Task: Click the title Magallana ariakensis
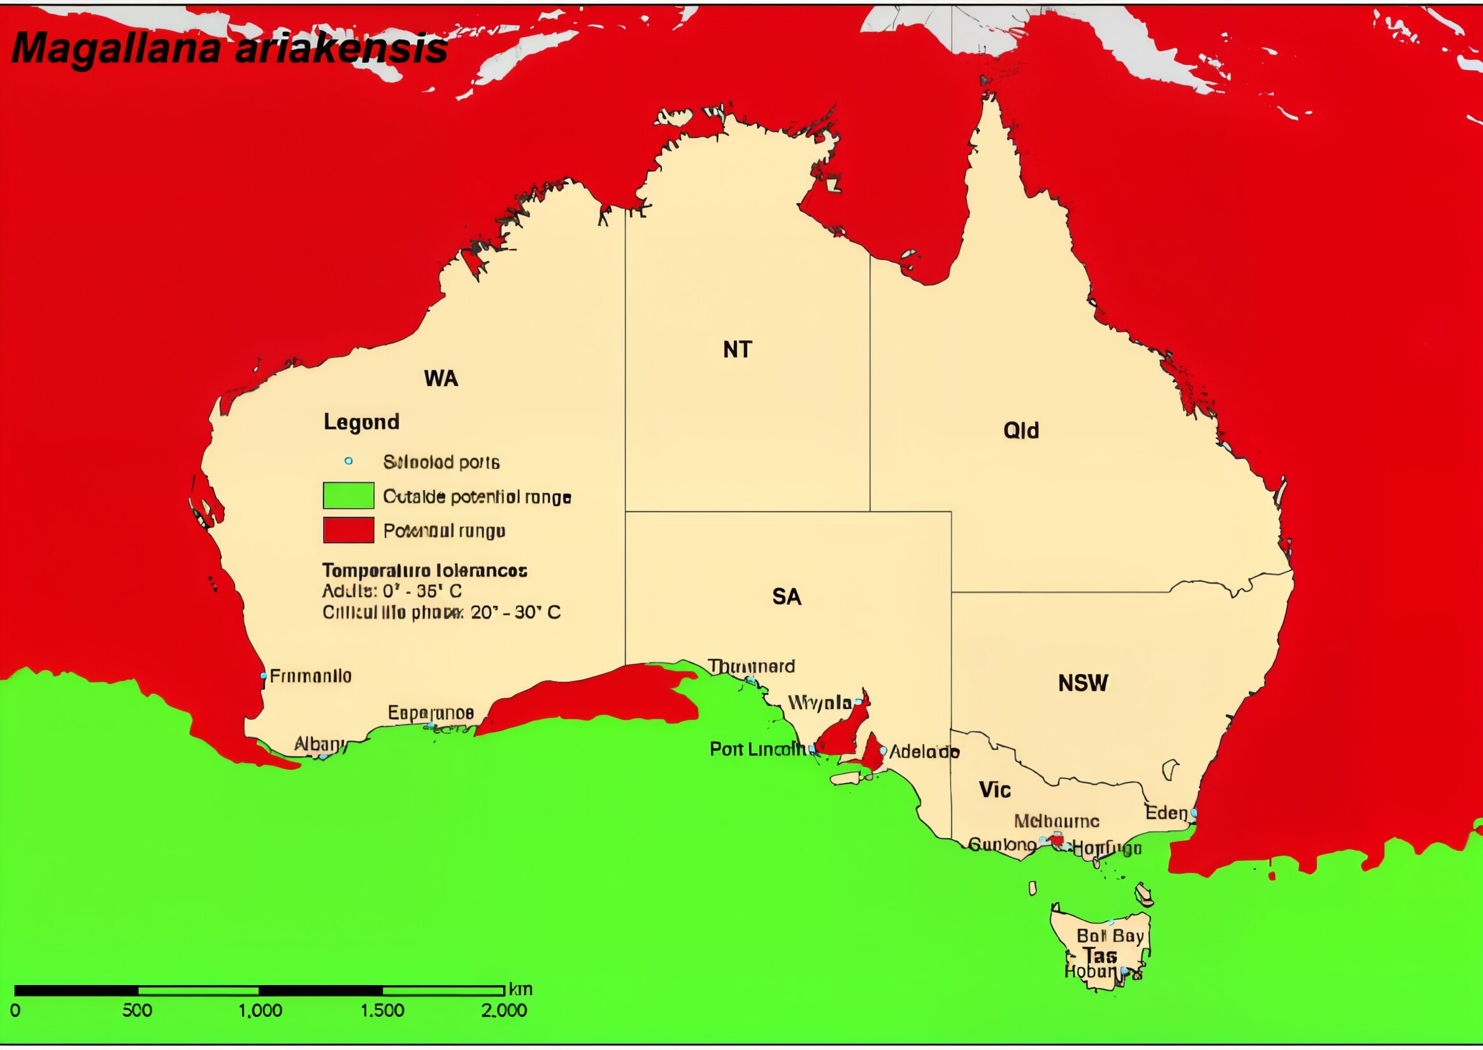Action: click(229, 48)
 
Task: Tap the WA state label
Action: click(441, 378)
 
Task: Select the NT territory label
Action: click(737, 350)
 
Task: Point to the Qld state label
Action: click(1021, 431)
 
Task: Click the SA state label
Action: click(786, 597)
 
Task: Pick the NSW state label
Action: click(1083, 684)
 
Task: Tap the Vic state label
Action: click(994, 790)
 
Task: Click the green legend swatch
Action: click(348, 496)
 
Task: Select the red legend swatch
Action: click(348, 530)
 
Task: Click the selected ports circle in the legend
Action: click(348, 461)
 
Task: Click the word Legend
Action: click(361, 422)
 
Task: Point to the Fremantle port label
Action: click(310, 676)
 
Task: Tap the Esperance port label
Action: click(431, 713)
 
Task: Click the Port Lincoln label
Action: click(757, 749)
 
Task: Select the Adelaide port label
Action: click(924, 752)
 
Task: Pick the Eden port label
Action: click(1166, 813)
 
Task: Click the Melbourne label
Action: click(1056, 822)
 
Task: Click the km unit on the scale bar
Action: click(520, 989)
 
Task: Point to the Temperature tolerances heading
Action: click(425, 570)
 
